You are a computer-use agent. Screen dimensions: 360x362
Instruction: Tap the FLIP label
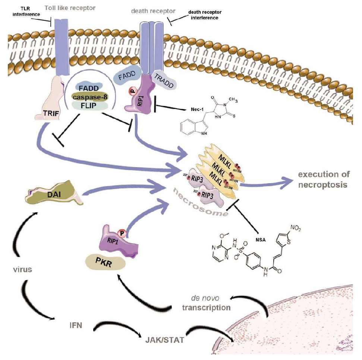(87, 106)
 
